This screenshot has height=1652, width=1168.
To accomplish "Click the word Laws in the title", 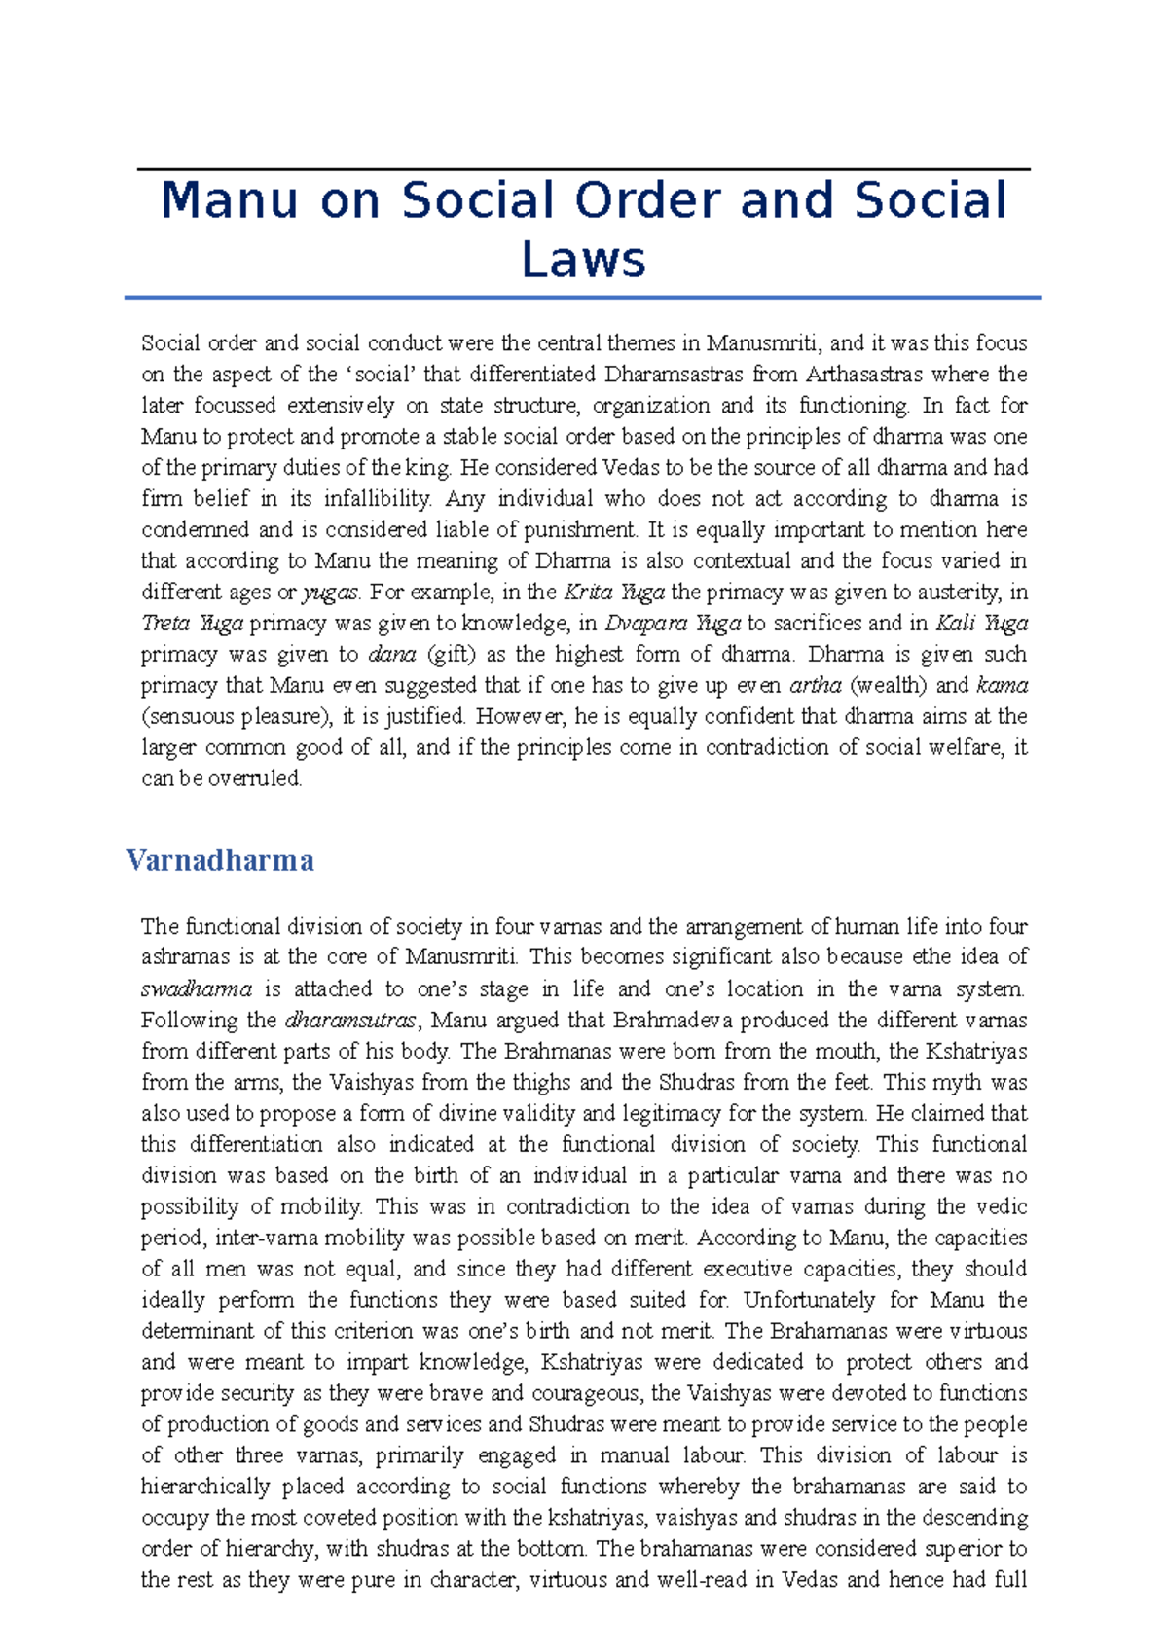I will coord(583,260).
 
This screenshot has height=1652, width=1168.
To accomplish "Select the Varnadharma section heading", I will coord(220,860).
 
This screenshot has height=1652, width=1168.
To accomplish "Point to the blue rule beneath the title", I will coord(583,298).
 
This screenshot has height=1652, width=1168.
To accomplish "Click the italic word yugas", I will coord(331,593).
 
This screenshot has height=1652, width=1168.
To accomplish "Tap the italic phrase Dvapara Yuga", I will coord(673,624).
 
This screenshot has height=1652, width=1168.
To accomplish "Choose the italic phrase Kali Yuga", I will coord(981,624).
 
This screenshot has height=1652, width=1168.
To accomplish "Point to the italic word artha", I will coord(815,686).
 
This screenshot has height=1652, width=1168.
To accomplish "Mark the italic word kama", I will coord(1002,686).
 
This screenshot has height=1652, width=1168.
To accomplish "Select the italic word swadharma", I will coord(197,989).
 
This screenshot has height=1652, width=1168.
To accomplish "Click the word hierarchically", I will coord(205,1488).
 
